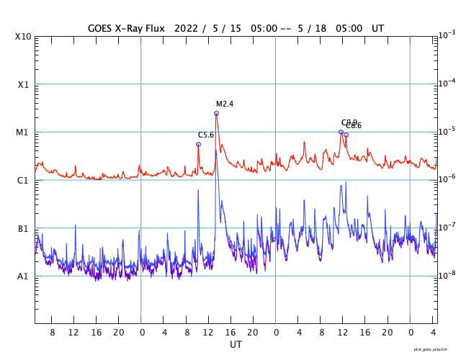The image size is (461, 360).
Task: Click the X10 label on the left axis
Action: (23, 37)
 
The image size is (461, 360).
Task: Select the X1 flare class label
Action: (23, 85)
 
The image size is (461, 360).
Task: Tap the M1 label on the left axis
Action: (23, 132)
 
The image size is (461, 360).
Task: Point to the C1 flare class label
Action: (23, 181)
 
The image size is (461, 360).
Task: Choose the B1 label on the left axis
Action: (23, 229)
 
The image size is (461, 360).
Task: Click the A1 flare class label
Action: (23, 276)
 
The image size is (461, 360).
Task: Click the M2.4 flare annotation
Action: (225, 104)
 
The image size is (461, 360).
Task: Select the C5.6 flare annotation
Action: (206, 135)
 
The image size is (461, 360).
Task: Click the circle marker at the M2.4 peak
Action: (216, 113)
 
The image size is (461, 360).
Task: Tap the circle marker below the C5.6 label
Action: (198, 144)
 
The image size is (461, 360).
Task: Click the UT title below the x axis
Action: (236, 345)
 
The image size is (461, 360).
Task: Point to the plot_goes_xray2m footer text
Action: (435, 348)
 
